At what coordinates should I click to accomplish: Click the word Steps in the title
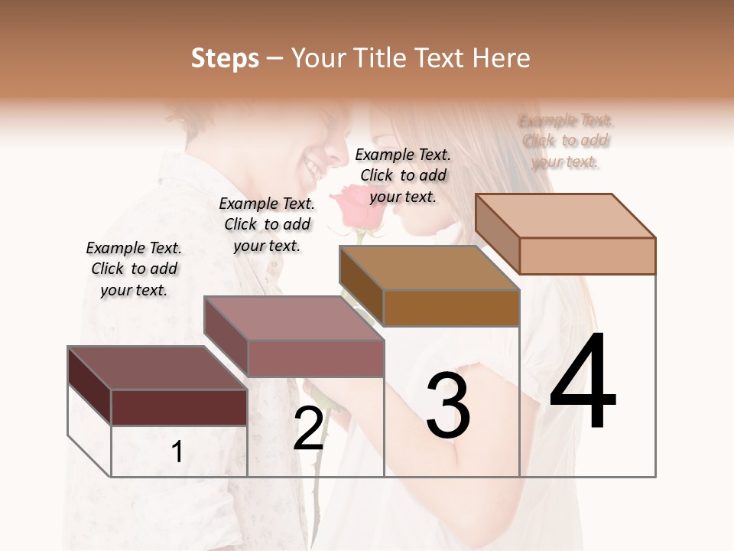click(x=225, y=58)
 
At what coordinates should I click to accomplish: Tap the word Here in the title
click(x=501, y=58)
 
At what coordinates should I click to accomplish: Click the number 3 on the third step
click(x=448, y=405)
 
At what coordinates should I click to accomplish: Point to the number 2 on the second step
click(x=308, y=428)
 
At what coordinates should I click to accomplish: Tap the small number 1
click(x=177, y=452)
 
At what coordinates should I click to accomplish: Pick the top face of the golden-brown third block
click(x=429, y=268)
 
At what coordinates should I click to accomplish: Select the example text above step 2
click(x=267, y=224)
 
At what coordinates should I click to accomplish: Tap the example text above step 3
click(x=403, y=175)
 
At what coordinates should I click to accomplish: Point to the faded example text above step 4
click(x=566, y=141)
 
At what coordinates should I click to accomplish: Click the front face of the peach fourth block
click(x=587, y=256)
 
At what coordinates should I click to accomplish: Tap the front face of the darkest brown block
click(x=179, y=407)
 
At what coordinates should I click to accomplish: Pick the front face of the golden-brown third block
click(x=451, y=308)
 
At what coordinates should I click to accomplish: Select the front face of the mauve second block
click(x=316, y=358)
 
